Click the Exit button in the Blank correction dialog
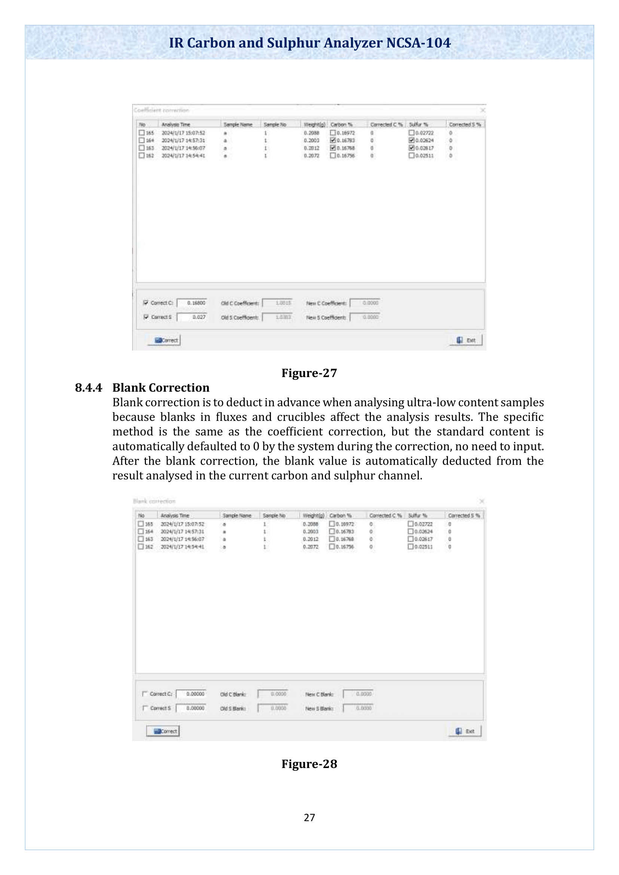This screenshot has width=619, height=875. tap(465, 731)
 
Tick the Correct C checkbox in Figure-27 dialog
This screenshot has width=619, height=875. tap(146, 303)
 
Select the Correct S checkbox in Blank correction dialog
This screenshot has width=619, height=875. tap(145, 708)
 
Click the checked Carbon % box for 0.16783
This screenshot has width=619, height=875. tap(333, 140)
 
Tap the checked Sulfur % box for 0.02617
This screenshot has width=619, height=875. tap(411, 148)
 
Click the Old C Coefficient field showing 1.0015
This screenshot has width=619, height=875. tap(277, 303)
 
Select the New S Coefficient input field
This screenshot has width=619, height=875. tap(365, 317)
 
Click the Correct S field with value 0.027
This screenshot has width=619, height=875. tap(192, 317)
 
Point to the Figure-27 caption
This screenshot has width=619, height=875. tap(309, 373)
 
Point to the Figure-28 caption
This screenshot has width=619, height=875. tap(309, 764)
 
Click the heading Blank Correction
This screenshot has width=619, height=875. tap(161, 388)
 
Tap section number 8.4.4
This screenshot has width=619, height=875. tap(88, 388)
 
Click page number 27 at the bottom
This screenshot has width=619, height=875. tap(309, 817)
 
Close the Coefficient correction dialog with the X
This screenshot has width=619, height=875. tap(482, 110)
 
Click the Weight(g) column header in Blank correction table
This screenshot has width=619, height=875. tap(313, 515)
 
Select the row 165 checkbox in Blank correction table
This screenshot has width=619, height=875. tap(141, 524)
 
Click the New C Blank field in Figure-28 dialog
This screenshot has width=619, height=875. tap(357, 694)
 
